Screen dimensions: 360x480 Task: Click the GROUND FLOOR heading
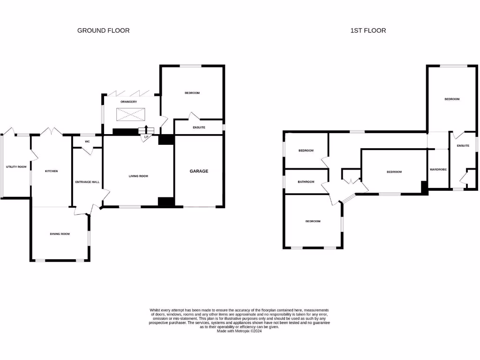pos(103,30)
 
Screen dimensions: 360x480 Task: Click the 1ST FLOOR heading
pos(368,30)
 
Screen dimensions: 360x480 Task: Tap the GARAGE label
pos(199,171)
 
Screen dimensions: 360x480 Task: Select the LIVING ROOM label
pos(138,176)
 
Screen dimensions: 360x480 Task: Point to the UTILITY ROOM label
pos(16,166)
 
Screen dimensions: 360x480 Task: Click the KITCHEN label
pos(51,171)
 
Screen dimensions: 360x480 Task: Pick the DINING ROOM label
pos(60,233)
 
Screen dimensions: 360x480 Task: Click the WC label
pos(87,141)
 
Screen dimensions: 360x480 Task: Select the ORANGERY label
pos(128,102)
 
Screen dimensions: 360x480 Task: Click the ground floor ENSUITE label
pos(199,127)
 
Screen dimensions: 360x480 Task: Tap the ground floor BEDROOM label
pos(192,93)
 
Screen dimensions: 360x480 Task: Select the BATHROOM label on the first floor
pos(306,181)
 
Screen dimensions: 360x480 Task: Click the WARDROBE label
pos(438,169)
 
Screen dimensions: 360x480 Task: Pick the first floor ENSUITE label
pos(463,146)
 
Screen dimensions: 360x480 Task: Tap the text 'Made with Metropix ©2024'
pos(239,331)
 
